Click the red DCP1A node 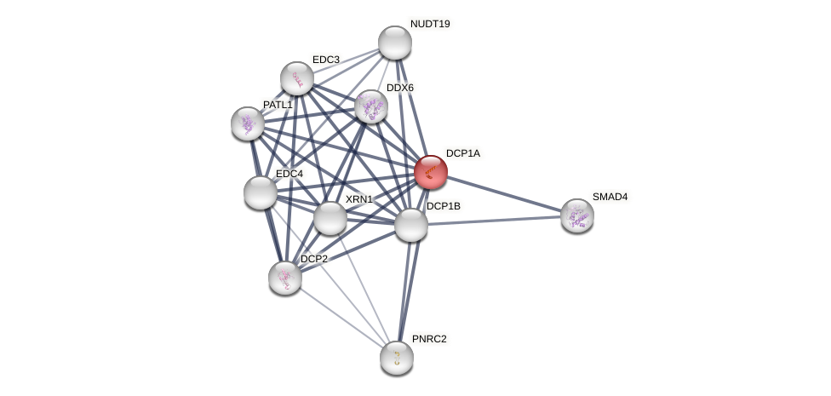(x=431, y=172)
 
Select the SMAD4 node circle (x=577, y=215)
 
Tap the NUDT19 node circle (x=395, y=43)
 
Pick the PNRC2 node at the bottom (x=397, y=358)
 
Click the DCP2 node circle (x=285, y=278)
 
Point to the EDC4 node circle (x=261, y=192)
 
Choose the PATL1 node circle (x=248, y=123)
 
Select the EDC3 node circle (x=297, y=78)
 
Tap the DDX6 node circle (x=371, y=106)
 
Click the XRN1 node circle (x=330, y=218)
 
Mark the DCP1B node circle (x=411, y=225)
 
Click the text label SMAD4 (x=610, y=197)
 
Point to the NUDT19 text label (x=430, y=24)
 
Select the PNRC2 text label (x=429, y=339)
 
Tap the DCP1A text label (x=463, y=153)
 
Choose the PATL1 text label (x=278, y=105)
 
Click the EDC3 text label (x=326, y=60)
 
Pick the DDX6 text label (x=400, y=88)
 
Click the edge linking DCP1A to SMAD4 (x=504, y=193)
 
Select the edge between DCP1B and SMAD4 (x=494, y=221)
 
